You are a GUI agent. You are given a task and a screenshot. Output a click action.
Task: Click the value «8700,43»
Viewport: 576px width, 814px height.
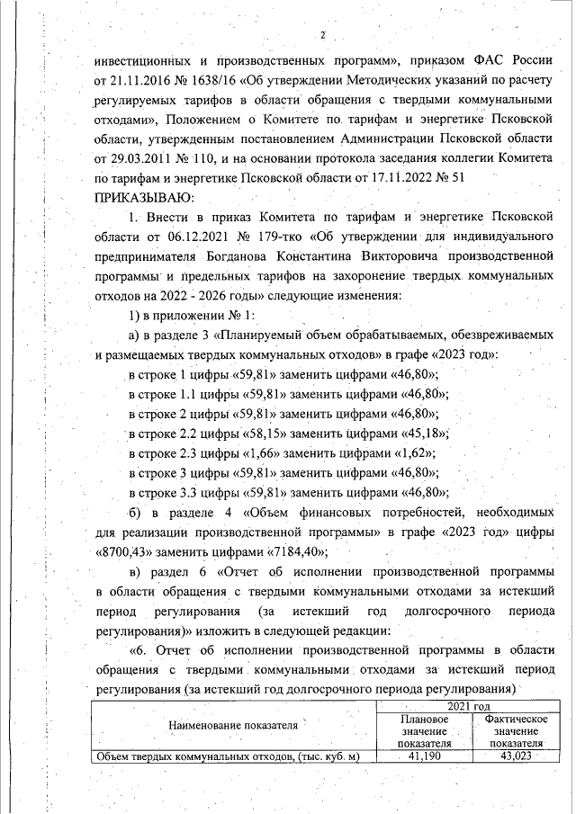point(127,551)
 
